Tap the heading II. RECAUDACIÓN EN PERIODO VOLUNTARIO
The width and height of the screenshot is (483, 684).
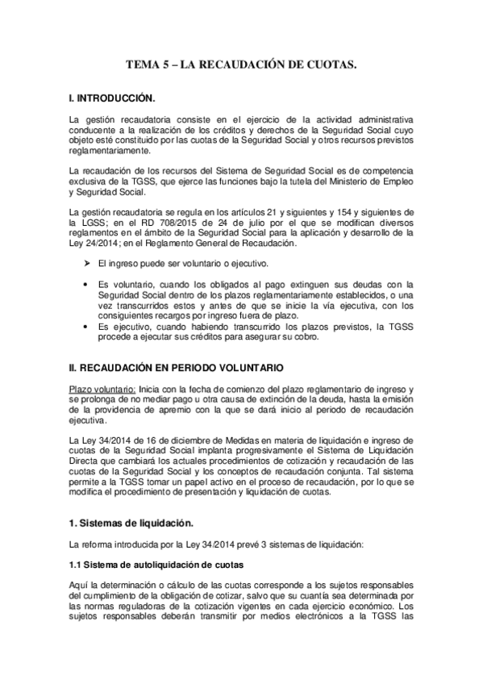[176, 367]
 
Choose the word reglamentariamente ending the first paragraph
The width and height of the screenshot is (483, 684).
[109, 151]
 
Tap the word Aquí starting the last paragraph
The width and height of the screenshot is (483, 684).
[79, 583]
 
